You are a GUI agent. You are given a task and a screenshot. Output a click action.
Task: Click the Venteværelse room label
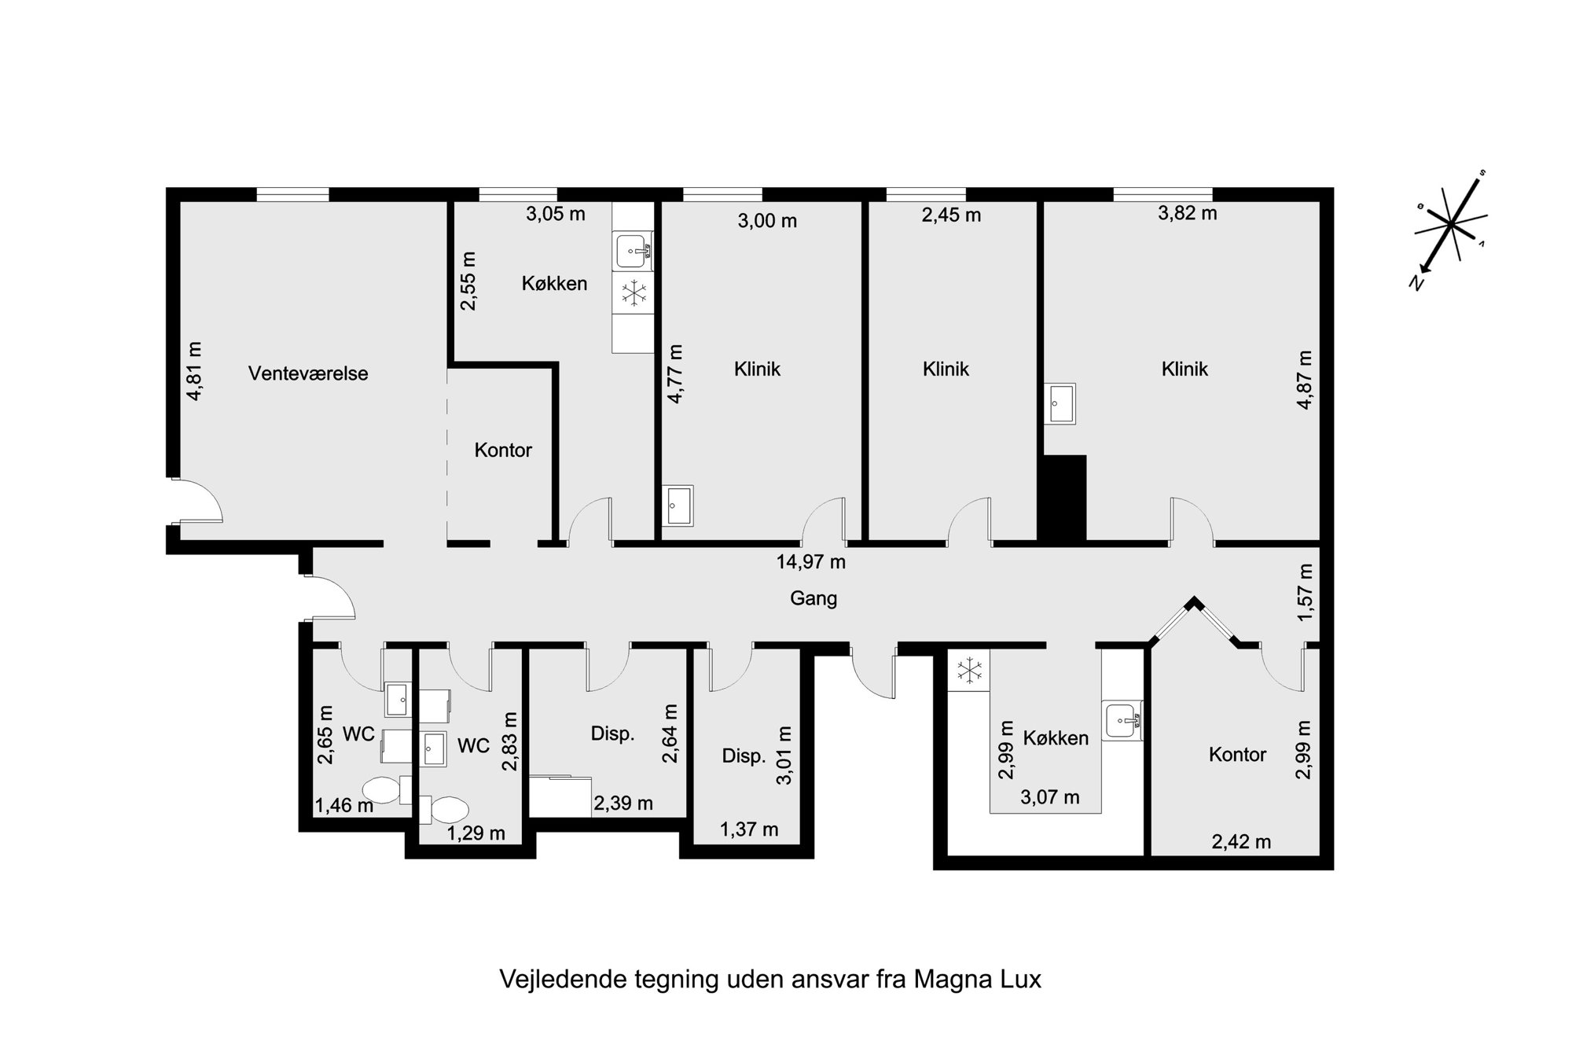pos(308,374)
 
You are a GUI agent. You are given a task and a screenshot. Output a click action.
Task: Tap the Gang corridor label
pos(814,599)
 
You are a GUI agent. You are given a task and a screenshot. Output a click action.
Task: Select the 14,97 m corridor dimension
pos(811,562)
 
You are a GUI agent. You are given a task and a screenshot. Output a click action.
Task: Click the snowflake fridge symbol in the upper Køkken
pos(634,294)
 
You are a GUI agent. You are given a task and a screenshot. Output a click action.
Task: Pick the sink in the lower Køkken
pos(1122,719)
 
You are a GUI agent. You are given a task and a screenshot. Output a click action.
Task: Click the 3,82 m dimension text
pos(1187,213)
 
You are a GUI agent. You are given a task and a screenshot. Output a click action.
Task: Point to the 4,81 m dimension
pos(194,371)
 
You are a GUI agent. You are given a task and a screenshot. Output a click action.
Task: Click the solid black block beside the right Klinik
pos(1062,498)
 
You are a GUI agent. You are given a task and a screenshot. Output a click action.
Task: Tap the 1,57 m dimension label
pos(1305,592)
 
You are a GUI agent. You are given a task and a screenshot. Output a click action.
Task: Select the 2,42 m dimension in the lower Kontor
pos(1241,842)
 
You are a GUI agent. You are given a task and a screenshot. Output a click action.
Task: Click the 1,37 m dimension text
pos(749,829)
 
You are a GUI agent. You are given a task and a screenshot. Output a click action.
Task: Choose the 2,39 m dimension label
pos(623,803)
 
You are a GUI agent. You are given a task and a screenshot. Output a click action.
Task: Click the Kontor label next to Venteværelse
pos(503,450)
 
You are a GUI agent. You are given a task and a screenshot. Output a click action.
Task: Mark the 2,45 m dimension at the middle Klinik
pos(951,215)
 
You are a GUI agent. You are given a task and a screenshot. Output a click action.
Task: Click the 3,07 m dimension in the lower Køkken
pos(1049,798)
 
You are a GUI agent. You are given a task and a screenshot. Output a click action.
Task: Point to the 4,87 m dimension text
pos(1305,380)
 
